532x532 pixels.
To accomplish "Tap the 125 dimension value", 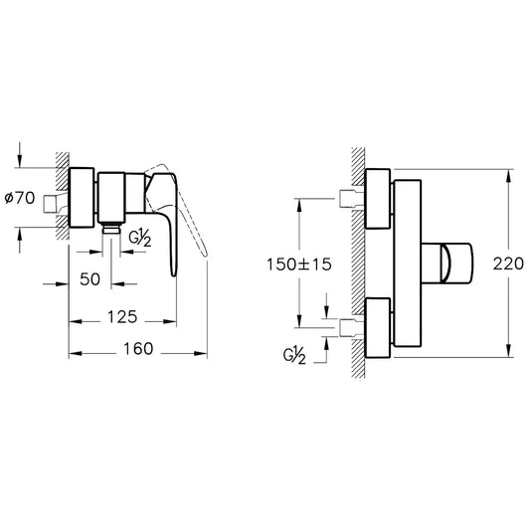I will click(119, 317).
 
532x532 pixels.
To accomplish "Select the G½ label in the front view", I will click(295, 355).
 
